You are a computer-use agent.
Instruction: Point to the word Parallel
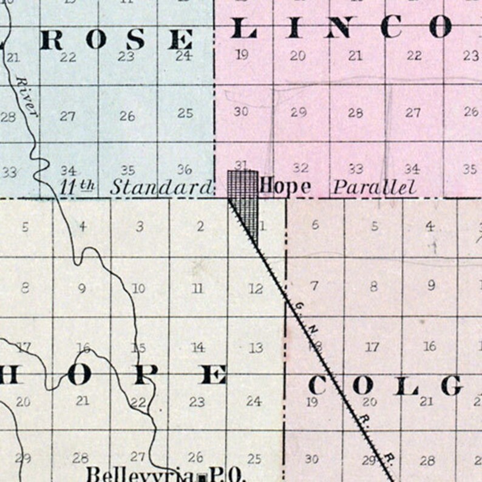point(375,187)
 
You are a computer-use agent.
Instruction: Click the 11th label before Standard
point(75,186)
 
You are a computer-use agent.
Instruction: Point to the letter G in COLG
point(453,385)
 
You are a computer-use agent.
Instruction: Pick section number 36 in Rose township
point(185,169)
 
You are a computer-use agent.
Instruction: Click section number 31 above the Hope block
point(242,165)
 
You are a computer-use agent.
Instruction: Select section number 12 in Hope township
point(256,289)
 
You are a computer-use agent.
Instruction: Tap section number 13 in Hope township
point(256,348)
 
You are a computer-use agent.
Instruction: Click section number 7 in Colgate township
point(314,285)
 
